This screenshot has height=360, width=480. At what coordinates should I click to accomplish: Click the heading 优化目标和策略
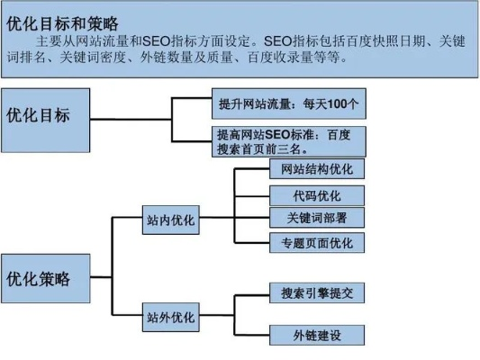[62, 23]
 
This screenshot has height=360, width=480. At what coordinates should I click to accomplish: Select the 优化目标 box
[46, 121]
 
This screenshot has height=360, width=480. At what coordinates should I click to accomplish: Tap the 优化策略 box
[46, 278]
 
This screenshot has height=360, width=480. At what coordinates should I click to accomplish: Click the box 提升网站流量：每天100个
[289, 103]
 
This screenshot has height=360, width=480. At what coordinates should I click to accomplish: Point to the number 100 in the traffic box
[338, 104]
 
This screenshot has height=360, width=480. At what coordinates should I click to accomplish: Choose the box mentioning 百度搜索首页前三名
[289, 141]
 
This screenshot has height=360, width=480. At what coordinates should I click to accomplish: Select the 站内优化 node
[171, 220]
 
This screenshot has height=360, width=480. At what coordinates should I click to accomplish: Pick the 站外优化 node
[171, 317]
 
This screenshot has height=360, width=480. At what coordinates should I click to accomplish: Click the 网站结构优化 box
[317, 169]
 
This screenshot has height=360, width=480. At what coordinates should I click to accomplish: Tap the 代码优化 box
[317, 195]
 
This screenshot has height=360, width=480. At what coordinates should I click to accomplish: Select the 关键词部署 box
[317, 218]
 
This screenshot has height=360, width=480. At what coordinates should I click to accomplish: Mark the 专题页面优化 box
[317, 243]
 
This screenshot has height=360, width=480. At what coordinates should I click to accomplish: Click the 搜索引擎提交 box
[317, 292]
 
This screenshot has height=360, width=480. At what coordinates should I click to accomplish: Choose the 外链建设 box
[317, 335]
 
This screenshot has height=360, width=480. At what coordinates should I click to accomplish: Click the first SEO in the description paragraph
[156, 41]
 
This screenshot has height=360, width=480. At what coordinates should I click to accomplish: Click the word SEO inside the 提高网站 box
[277, 135]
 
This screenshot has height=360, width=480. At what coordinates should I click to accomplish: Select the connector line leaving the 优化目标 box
[131, 120]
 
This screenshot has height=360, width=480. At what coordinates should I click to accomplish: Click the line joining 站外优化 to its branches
[217, 315]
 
